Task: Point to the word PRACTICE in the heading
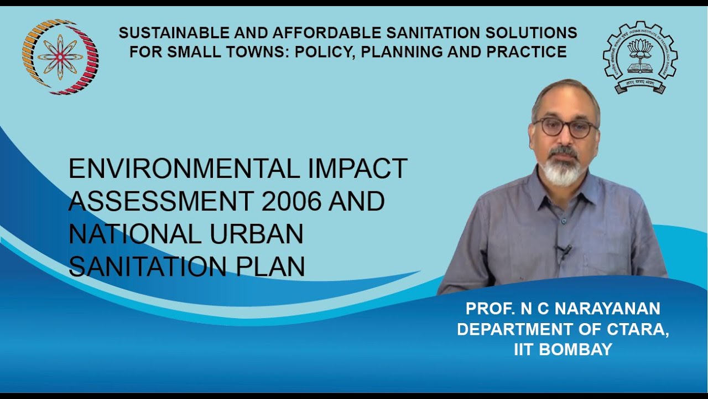point(528,52)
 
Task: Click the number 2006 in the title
point(291,200)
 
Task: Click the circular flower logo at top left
point(60,55)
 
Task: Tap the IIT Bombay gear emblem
point(640,58)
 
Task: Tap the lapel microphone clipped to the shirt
point(564,251)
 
